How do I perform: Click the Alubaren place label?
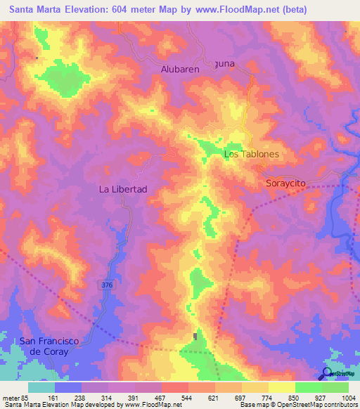[x=181, y=70]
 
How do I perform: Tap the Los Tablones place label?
[x=251, y=154]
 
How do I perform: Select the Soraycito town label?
[x=285, y=183]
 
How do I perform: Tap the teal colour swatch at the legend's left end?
[x=41, y=387]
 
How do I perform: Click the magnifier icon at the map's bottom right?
[x=326, y=374]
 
